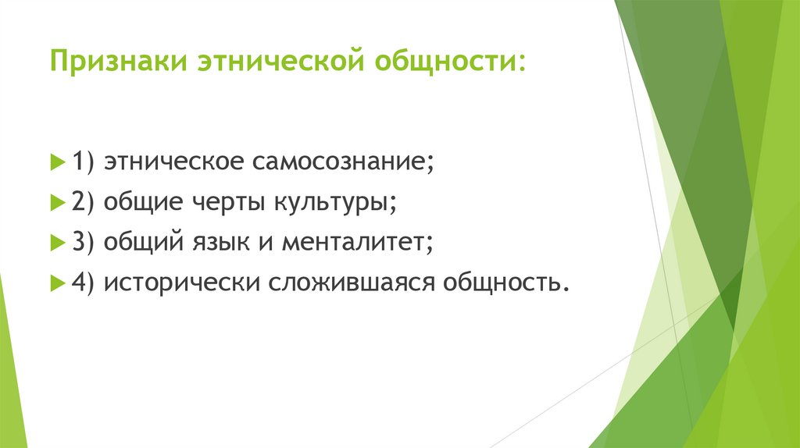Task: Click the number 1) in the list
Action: [x=83, y=164]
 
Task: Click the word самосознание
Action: [x=342, y=164]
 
